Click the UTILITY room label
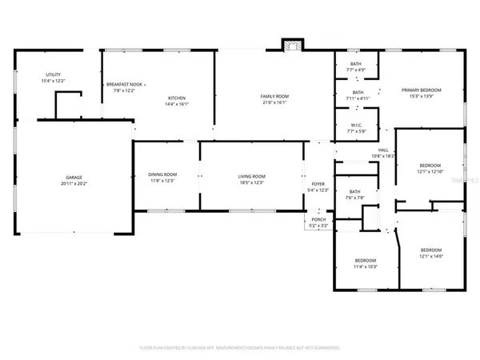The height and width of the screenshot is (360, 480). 53,74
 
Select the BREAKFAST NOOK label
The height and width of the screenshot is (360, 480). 123,84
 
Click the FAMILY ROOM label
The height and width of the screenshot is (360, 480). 274,97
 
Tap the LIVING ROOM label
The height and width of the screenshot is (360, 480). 250,174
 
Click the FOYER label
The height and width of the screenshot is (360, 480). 318,184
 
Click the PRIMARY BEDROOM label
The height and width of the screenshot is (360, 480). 422,90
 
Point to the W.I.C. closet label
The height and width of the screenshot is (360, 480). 357,126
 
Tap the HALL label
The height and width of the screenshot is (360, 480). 383,150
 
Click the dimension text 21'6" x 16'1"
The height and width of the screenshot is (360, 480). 274,103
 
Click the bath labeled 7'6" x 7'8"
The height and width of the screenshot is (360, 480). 354,198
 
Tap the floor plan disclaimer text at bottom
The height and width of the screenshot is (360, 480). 240,348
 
